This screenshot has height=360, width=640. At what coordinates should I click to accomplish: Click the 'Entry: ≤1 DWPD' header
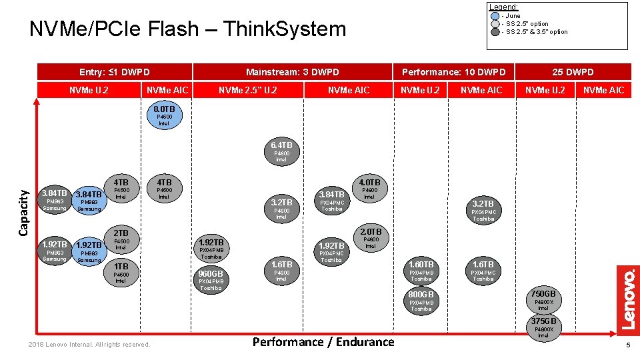pos(115,72)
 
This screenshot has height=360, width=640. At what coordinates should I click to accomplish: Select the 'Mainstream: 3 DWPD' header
pos(293,72)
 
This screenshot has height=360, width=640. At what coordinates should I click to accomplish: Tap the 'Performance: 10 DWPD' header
pos(453,72)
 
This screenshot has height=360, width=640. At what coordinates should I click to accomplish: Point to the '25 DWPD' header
pos(573,72)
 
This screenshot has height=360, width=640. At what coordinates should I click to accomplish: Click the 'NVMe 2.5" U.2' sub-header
pos(248,90)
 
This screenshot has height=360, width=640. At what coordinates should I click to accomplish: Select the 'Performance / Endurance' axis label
pos(323,342)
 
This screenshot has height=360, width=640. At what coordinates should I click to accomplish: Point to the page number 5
pos(627,345)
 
